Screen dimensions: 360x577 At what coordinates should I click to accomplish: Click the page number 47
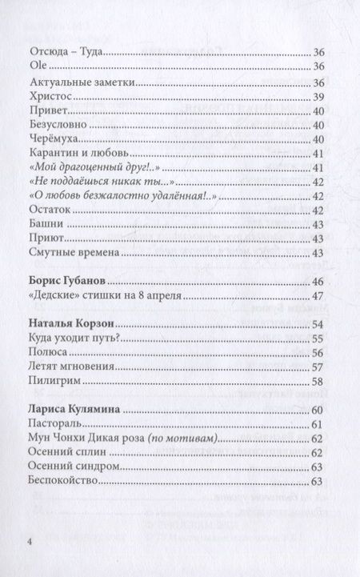pyautogui.click(x=316, y=298)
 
